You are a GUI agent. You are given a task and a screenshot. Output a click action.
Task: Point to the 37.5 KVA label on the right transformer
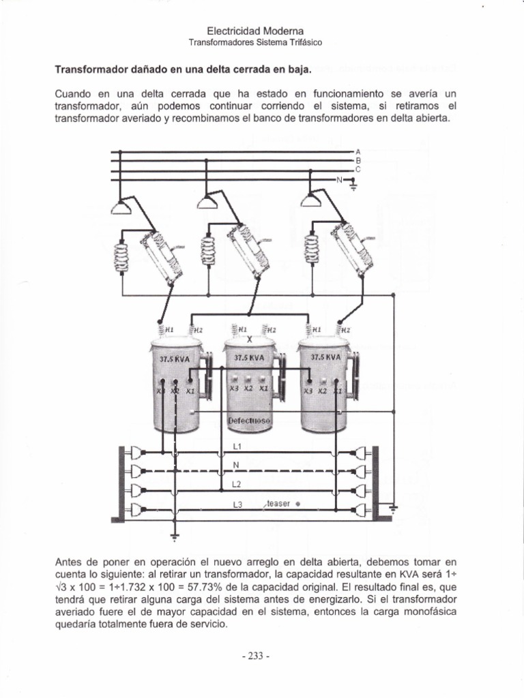click(325, 356)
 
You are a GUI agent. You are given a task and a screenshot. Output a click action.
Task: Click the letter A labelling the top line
click(358, 151)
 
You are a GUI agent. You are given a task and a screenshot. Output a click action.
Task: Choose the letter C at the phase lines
click(358, 169)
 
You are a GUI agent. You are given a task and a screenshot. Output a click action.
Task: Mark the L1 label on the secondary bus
click(237, 446)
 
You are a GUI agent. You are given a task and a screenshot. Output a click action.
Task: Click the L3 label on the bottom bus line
click(237, 505)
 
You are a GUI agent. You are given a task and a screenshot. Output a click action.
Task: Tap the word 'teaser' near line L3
click(278, 503)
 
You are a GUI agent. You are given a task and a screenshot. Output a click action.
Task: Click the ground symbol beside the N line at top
click(352, 183)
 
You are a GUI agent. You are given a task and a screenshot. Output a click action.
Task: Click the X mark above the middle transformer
click(250, 339)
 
